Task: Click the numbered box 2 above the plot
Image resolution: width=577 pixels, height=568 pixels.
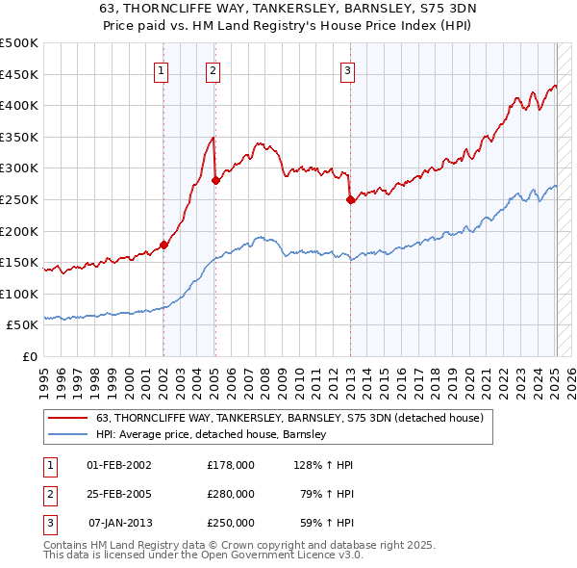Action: (212, 69)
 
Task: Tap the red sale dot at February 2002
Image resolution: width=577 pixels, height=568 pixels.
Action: (163, 245)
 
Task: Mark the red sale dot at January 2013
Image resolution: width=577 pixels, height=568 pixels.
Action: (350, 199)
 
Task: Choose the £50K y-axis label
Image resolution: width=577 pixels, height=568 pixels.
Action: (22, 325)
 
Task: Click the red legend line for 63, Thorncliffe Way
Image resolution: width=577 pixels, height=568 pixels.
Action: (67, 419)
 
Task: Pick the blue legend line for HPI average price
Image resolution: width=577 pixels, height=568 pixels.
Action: (67, 434)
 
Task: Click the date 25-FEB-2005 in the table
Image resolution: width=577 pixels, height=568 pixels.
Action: (119, 494)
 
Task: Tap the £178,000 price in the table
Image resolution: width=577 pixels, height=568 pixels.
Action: (231, 465)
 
